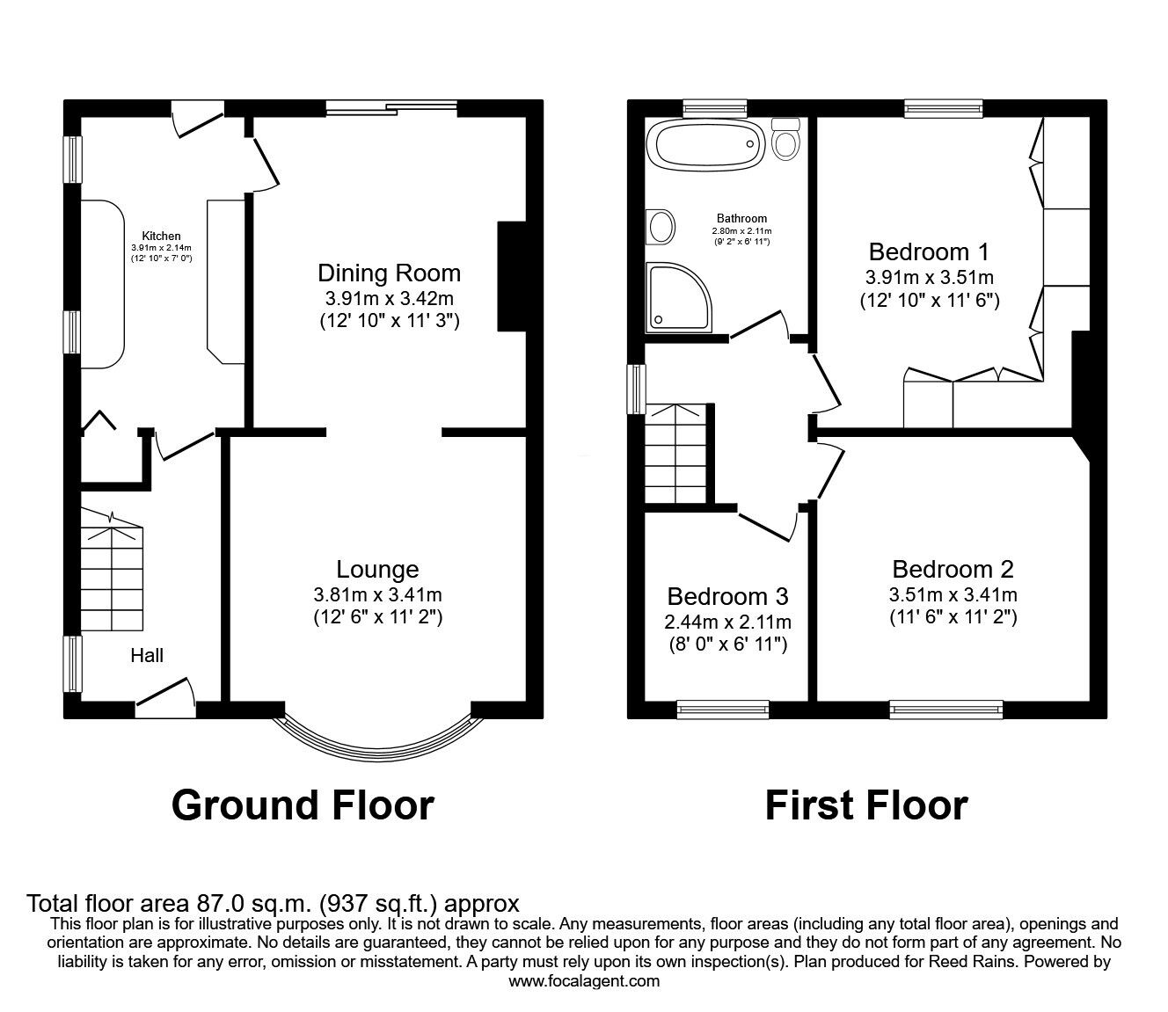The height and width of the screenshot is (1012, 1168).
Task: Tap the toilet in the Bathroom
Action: pos(785,140)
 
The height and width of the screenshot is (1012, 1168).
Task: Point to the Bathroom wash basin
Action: pos(660,227)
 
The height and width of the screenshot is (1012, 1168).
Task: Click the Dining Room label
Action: pos(389,273)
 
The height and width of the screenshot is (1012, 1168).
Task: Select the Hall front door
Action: pos(165,698)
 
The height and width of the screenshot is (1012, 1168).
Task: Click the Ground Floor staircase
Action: pos(111,576)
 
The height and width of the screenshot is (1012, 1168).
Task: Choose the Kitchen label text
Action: pos(162,236)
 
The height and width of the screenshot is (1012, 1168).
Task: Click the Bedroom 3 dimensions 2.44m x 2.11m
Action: pos(727,622)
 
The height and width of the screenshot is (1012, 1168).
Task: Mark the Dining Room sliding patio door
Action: pos(391,109)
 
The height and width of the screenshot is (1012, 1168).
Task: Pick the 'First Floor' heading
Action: pos(865,805)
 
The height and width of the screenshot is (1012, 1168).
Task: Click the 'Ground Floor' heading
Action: pos(303,805)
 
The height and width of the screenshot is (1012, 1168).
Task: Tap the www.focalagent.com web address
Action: pos(584,981)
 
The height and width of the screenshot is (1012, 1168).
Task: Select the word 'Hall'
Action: pos(147,655)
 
